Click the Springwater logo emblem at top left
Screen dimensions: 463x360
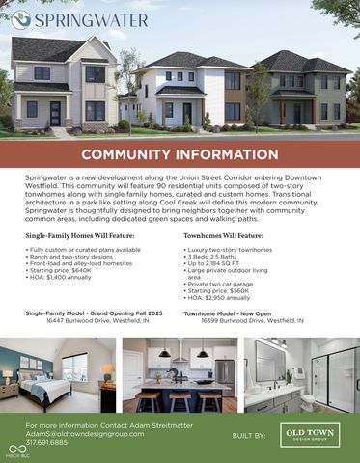point(20,19)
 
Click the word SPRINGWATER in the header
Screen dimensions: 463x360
point(92,19)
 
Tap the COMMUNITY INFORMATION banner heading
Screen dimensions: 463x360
point(180,154)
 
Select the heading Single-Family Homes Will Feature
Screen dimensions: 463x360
point(80,234)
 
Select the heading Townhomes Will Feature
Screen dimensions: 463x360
point(223,234)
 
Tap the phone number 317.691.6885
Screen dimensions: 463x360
point(46,443)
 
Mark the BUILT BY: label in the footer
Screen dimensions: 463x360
point(249,436)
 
